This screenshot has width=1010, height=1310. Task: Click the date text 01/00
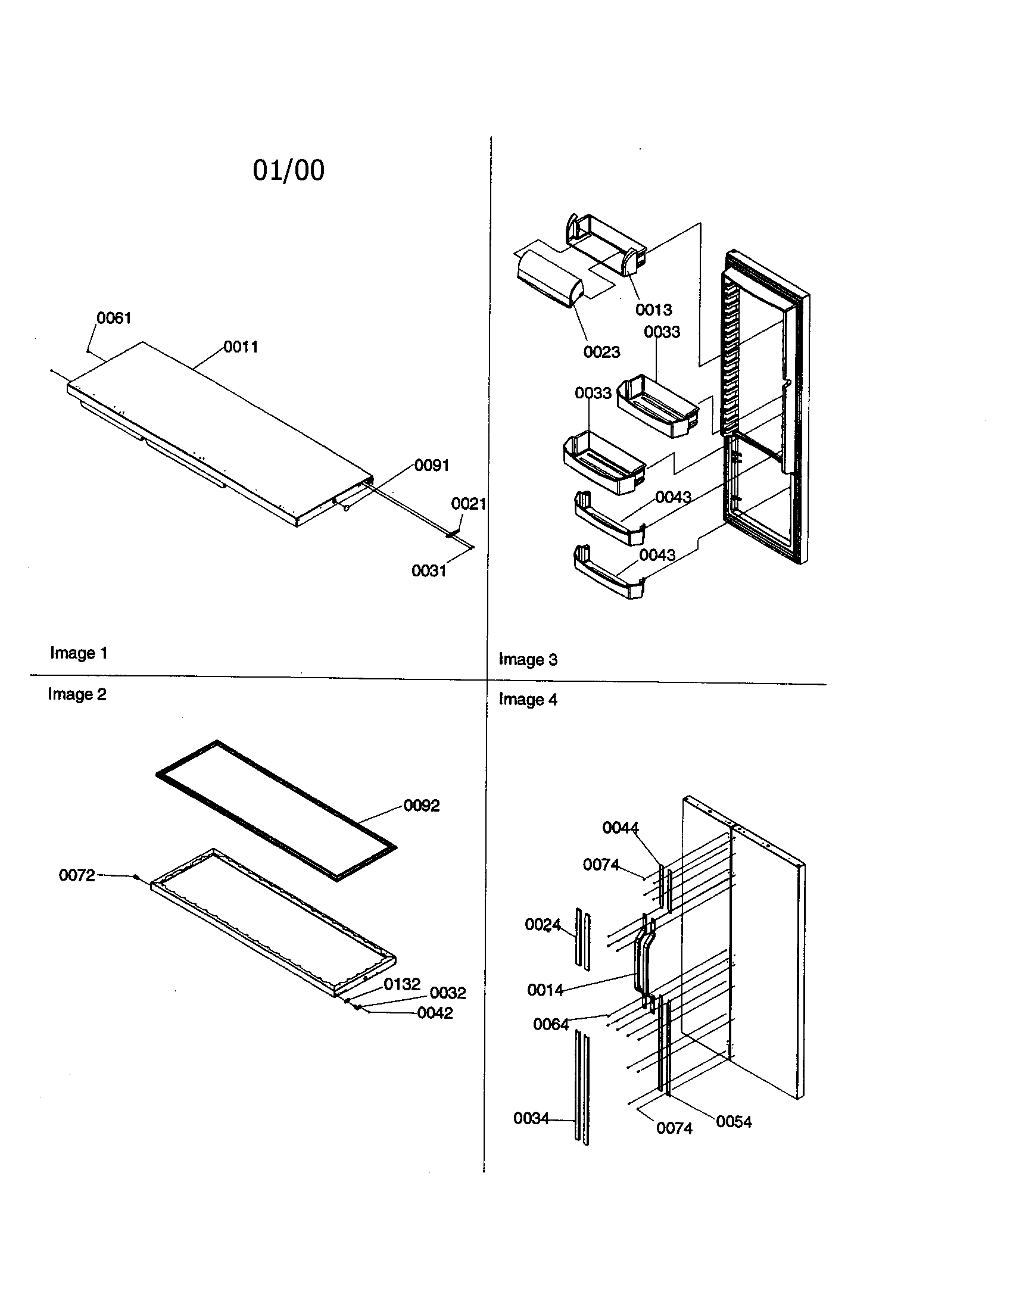click(x=288, y=170)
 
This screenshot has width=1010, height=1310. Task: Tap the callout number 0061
click(x=114, y=318)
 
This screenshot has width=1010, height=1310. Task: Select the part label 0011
click(x=241, y=347)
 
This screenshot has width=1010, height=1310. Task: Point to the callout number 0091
click(x=432, y=465)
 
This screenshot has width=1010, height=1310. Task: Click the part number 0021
click(x=469, y=503)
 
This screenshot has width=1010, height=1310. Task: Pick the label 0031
click(x=429, y=570)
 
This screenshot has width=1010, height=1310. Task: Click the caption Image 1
click(x=79, y=653)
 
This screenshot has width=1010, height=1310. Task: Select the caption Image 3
click(x=528, y=659)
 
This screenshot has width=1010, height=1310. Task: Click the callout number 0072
click(x=77, y=875)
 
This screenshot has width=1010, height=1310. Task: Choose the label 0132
click(x=402, y=984)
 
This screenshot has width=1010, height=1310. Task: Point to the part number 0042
click(x=435, y=1012)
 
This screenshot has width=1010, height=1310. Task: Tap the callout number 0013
click(x=653, y=310)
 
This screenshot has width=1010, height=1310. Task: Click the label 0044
click(x=620, y=828)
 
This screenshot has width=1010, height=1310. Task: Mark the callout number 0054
click(x=734, y=1122)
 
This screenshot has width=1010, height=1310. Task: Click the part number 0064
click(x=551, y=1025)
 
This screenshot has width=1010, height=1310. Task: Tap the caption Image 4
click(x=528, y=700)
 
